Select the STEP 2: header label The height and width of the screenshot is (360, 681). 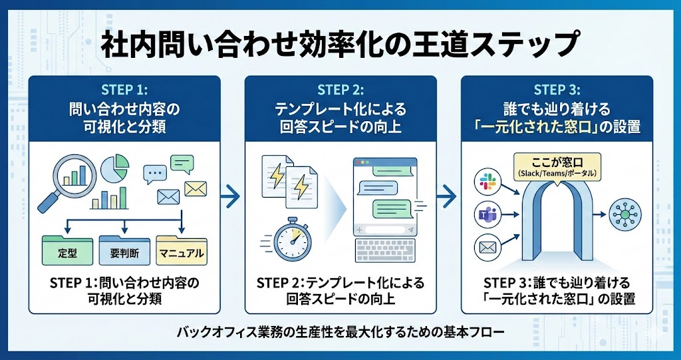(x=340, y=89)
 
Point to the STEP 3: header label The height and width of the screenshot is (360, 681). (x=557, y=89)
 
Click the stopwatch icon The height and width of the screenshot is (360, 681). (x=291, y=237)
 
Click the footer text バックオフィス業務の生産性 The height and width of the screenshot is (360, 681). (x=340, y=331)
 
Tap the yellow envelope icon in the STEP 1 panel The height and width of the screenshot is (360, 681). (x=195, y=188)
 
